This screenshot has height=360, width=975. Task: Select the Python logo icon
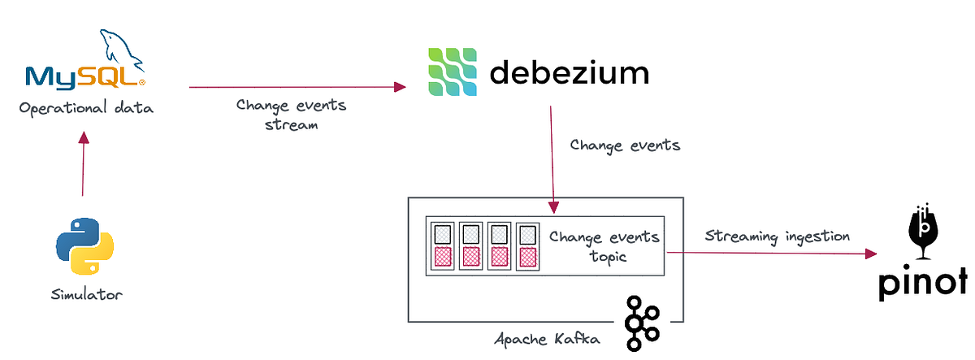click(84, 245)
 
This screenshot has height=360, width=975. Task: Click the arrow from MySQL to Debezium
click(297, 86)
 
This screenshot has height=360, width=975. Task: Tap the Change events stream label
click(290, 115)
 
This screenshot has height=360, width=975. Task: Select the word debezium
click(569, 74)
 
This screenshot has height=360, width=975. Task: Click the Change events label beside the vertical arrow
click(625, 145)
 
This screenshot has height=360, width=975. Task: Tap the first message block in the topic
click(440, 245)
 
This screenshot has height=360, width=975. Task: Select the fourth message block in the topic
click(527, 245)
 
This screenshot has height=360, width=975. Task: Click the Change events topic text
click(604, 246)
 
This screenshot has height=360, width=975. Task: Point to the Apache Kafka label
click(547, 338)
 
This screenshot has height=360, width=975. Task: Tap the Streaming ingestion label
click(777, 236)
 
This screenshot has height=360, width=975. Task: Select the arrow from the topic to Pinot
click(772, 254)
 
